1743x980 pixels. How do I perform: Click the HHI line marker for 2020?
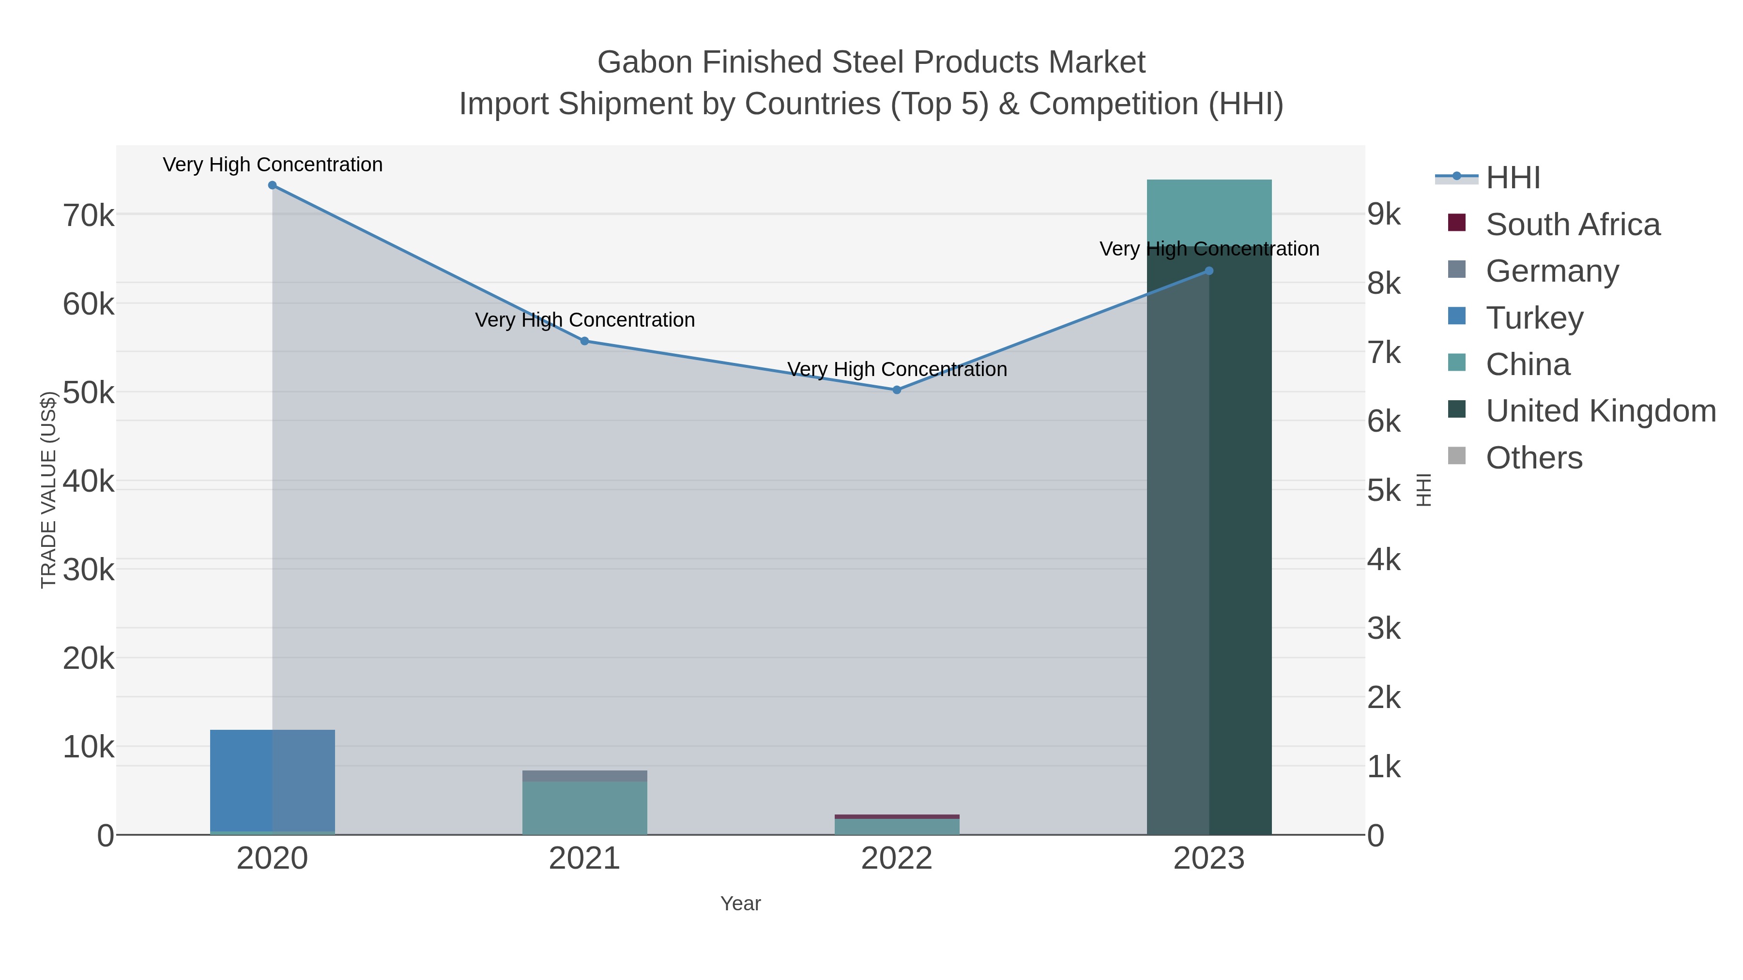coord(272,185)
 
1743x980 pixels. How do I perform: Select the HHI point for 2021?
coord(584,341)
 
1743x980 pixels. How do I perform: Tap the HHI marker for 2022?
coord(897,390)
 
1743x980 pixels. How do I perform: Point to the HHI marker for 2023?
coord(1209,271)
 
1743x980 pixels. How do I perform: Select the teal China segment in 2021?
coord(584,808)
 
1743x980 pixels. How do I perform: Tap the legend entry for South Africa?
coord(1573,225)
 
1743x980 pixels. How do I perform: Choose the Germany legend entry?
coord(1552,271)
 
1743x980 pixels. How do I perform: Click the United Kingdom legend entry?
coord(1600,411)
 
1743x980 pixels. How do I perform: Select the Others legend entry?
coord(1534,458)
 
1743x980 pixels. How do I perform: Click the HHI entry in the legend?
coord(1513,178)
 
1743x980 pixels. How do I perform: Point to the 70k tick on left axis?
coord(89,216)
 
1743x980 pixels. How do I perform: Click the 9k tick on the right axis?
coord(1384,214)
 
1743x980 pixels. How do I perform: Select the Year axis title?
coord(740,904)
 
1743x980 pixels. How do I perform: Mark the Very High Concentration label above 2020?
coord(273,165)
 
